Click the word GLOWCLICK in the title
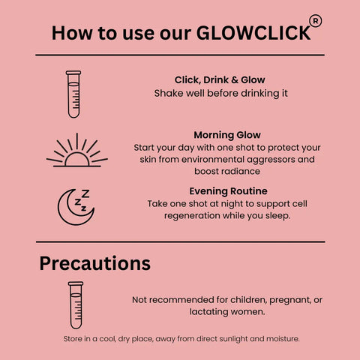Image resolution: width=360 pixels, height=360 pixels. [253, 33]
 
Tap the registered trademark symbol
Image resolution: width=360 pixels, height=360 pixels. [316, 21]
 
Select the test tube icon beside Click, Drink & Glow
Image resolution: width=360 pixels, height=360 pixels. [73, 94]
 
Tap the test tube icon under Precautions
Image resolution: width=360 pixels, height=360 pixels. [76, 305]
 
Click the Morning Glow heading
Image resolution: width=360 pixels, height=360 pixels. [227, 135]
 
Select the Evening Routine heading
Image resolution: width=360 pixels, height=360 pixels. [228, 191]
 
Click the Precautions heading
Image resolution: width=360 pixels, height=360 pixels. [95, 263]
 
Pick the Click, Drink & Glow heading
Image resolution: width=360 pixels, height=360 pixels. [220, 80]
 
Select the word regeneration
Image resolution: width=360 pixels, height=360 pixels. [192, 216]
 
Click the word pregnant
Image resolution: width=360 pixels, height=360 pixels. [290, 300]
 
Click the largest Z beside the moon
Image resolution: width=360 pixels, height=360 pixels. [85, 193]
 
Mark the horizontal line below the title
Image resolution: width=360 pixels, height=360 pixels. [180, 55]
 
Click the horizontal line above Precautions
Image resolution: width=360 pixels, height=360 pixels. [181, 242]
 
